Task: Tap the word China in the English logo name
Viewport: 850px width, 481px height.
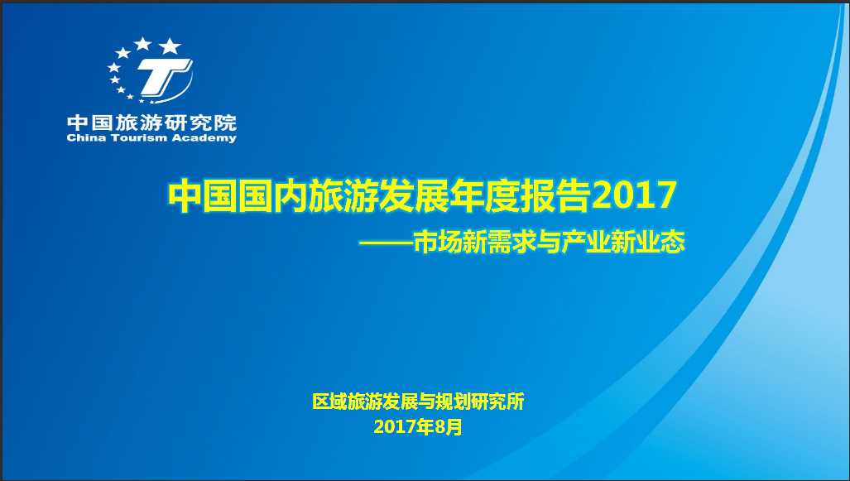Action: pos(84,138)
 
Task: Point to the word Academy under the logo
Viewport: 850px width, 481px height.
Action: pos(207,138)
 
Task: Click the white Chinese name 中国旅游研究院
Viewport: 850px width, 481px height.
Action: pos(151,123)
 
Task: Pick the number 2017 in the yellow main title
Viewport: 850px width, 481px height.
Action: pos(635,196)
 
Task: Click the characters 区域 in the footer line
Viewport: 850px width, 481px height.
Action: pos(329,402)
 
